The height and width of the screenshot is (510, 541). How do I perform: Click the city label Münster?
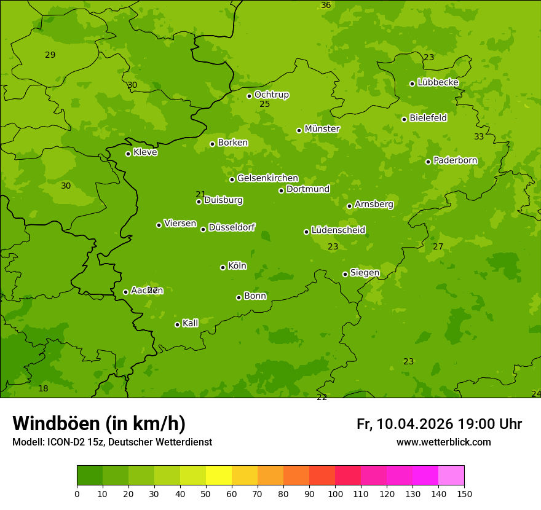pyautogui.click(x=322, y=129)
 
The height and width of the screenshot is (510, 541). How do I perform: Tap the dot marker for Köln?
pyautogui.click(x=223, y=267)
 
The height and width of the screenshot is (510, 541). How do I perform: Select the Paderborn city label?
pyautogui.click(x=455, y=160)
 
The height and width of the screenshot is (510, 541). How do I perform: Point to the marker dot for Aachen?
pyautogui.click(x=125, y=292)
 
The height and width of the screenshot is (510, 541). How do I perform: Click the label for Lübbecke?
pyautogui.click(x=438, y=82)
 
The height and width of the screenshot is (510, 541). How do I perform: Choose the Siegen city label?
pyautogui.click(x=365, y=273)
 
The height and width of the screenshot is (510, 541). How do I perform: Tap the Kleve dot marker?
pyautogui.click(x=128, y=154)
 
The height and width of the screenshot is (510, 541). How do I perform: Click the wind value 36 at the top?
pyautogui.click(x=326, y=5)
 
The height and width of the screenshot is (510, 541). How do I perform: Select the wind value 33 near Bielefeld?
pyautogui.click(x=479, y=136)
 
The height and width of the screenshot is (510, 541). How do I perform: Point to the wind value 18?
pyautogui.click(x=43, y=388)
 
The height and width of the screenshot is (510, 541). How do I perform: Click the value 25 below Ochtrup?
pyautogui.click(x=264, y=104)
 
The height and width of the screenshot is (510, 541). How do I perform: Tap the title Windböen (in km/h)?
pyautogui.click(x=99, y=423)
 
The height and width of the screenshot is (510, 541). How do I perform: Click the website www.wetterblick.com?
pyautogui.click(x=443, y=442)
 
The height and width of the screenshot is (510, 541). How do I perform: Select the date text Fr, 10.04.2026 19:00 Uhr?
pyautogui.click(x=439, y=424)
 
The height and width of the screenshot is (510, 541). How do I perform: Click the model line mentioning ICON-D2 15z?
pyautogui.click(x=112, y=442)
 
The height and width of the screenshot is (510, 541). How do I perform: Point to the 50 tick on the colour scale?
pyautogui.click(x=206, y=493)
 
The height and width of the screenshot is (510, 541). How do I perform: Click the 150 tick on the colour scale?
pyautogui.click(x=464, y=493)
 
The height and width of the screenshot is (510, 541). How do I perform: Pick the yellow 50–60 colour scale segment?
pyautogui.click(x=219, y=476)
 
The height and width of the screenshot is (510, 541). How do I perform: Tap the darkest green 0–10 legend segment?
pyautogui.click(x=90, y=476)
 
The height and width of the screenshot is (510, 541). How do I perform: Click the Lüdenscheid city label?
pyautogui.click(x=338, y=230)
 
